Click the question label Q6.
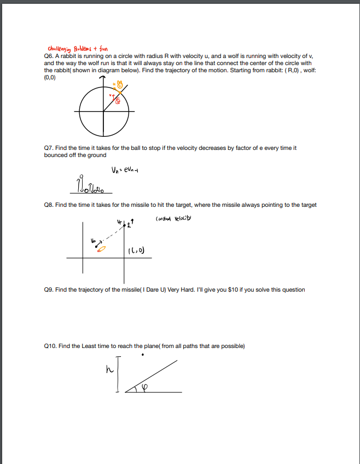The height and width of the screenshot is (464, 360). coord(49,56)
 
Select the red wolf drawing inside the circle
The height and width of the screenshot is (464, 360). coord(117,101)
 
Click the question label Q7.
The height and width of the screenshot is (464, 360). coord(49,148)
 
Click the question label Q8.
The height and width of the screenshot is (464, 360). coord(49,205)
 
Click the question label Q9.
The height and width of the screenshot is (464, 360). coord(49,289)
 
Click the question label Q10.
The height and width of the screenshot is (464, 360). coord(50,346)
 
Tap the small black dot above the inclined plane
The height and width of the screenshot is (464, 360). coord(143,355)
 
